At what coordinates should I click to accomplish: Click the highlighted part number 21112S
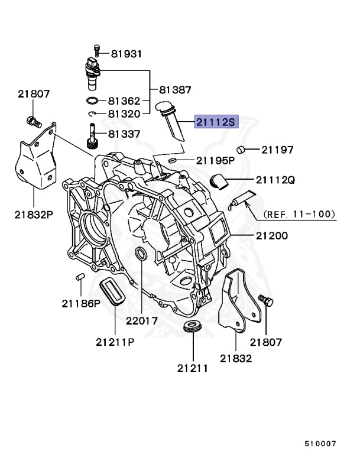click(216, 122)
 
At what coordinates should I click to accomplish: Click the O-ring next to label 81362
click(94, 100)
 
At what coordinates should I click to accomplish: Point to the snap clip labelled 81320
click(93, 113)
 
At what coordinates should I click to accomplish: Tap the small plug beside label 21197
click(241, 149)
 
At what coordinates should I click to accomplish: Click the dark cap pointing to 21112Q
click(220, 181)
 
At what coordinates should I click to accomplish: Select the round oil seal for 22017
click(142, 255)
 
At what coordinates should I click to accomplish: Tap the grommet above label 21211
click(192, 327)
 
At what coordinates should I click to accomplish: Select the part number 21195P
click(216, 160)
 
